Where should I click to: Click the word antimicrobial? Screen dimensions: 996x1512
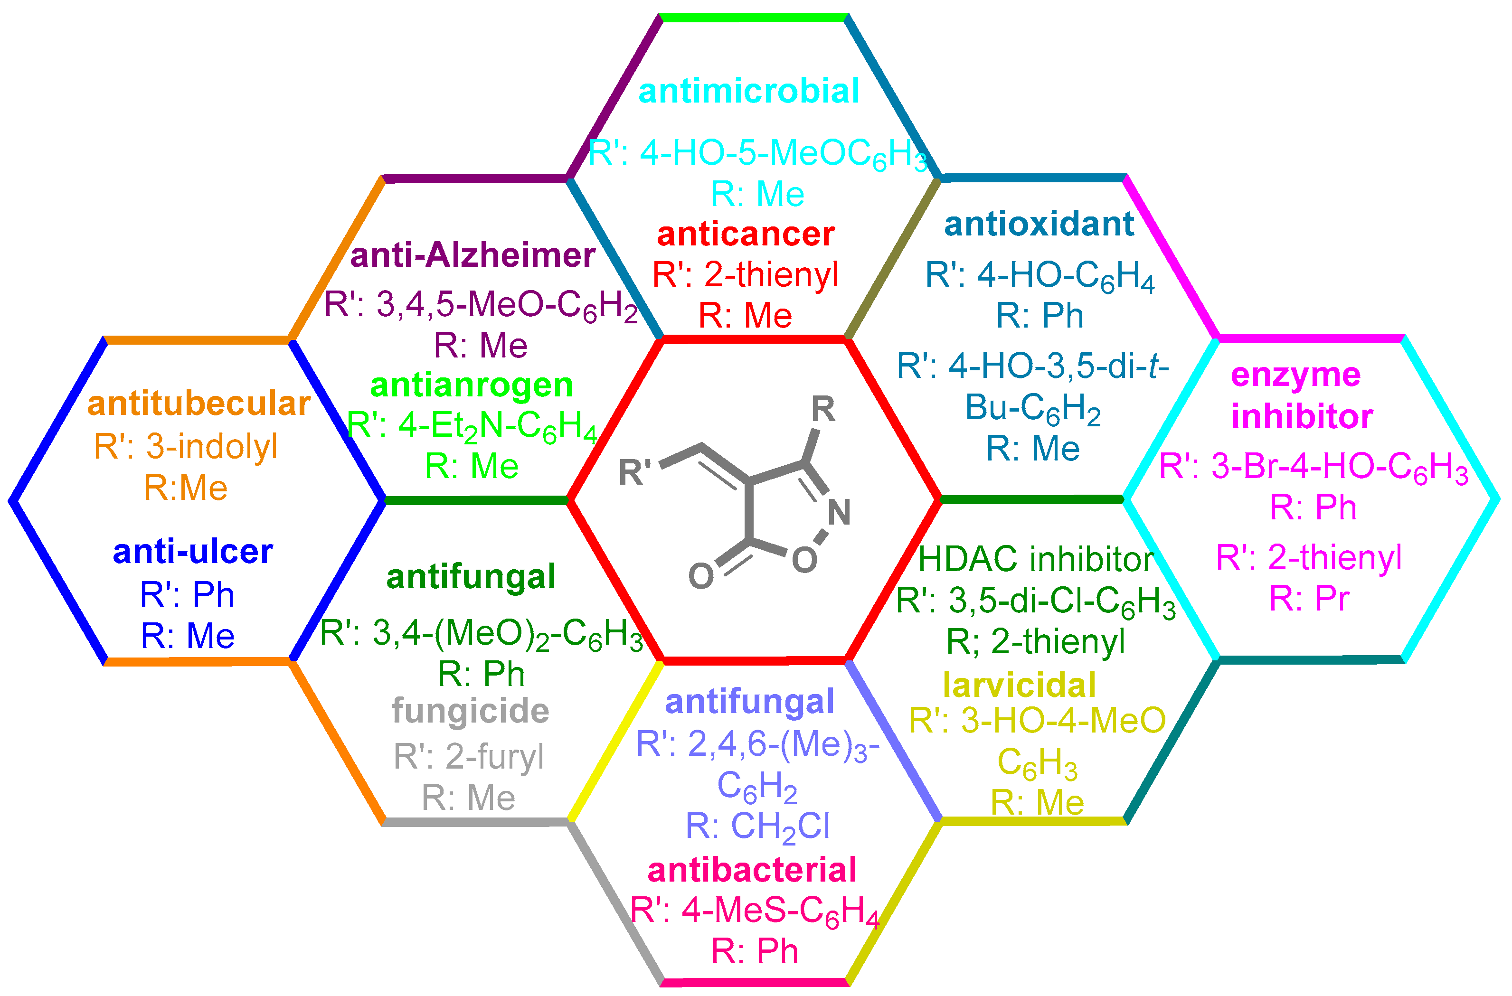pos(748,91)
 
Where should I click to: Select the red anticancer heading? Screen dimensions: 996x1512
pos(745,235)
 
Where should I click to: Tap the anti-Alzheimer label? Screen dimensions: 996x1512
pos(472,255)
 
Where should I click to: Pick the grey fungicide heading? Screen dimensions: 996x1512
pos(470,711)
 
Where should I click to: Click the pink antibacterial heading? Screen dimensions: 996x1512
pos(752,870)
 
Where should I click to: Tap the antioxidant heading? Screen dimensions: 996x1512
pos(1039,224)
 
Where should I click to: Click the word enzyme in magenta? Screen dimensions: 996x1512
pos(1295,375)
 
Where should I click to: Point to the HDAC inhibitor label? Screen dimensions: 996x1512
pos(1036,559)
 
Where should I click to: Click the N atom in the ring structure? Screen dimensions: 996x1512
pos(839,512)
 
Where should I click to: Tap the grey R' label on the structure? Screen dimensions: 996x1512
pos(635,472)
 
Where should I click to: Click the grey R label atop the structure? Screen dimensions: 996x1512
pos(823,409)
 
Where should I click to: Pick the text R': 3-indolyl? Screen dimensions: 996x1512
pos(186,447)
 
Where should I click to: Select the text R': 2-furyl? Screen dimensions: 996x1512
pos(468,757)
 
